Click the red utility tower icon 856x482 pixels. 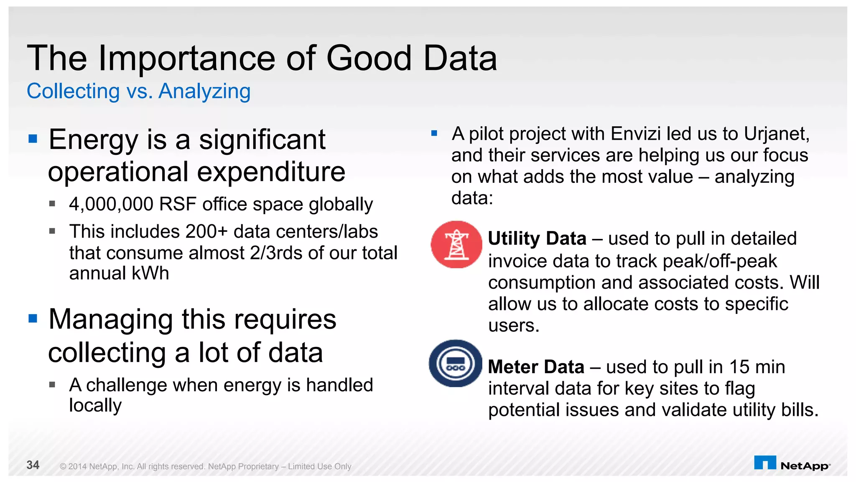pos(456,245)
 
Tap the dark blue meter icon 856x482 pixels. pos(455,363)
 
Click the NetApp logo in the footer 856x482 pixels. pos(792,464)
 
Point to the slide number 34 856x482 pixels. pos(33,465)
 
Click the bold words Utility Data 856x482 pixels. pos(537,238)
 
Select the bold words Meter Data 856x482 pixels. pos(536,367)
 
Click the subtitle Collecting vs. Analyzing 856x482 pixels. pos(138,91)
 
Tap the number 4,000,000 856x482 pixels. pos(111,204)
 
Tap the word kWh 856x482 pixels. pos(150,273)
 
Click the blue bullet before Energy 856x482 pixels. pos(33,138)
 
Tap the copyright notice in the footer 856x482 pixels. pos(205,466)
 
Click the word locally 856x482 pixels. pos(95,405)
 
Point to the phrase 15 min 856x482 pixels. pos(757,367)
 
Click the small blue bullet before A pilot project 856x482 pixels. pos(434,133)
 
